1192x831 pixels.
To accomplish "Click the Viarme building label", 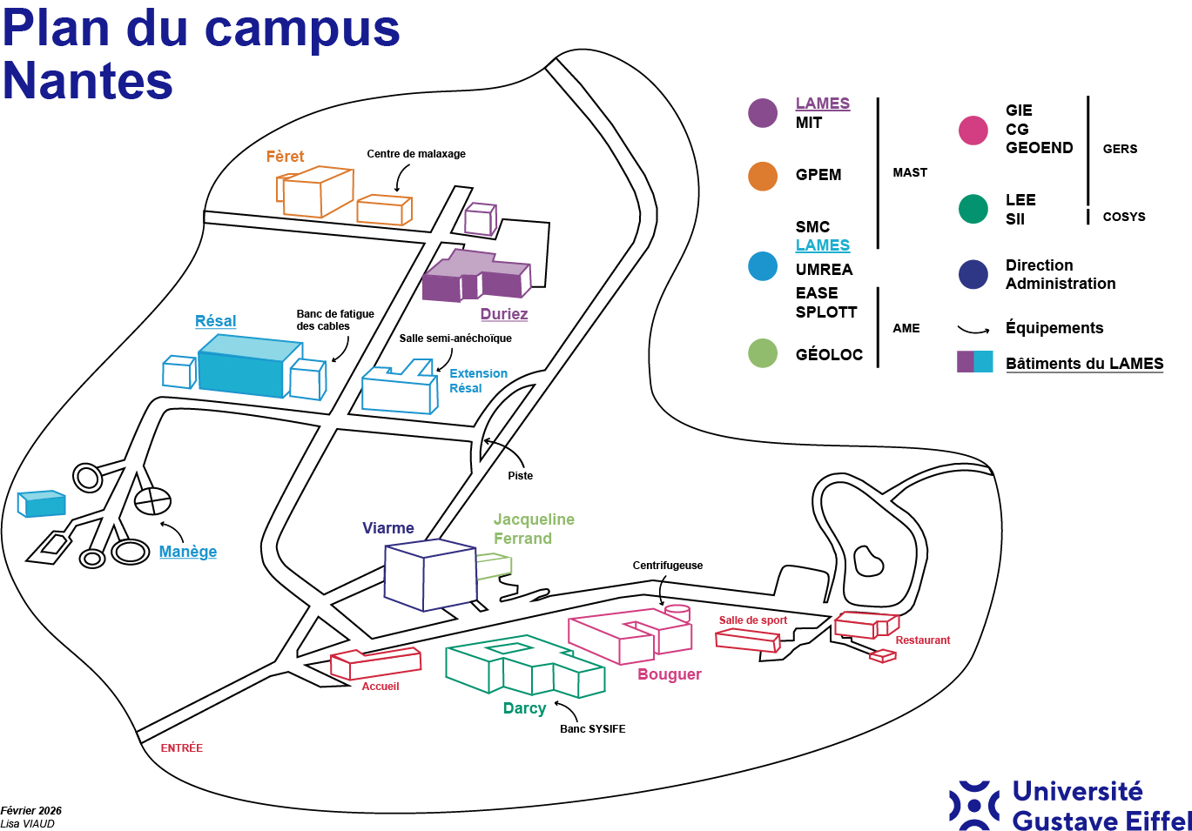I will (387, 528).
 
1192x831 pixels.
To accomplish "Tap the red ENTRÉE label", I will (181, 748).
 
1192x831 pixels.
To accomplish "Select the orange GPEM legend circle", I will (763, 176).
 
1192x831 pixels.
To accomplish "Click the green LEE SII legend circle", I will (973, 209).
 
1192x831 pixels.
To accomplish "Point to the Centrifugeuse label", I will (667, 566).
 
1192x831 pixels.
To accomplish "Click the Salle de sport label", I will (752, 620).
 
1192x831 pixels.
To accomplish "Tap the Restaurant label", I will (922, 640).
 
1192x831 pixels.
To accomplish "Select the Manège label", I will (187, 552).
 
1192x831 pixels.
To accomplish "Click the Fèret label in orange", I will (285, 157).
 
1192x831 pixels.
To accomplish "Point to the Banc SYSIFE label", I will (592, 729).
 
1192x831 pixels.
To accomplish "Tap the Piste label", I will (520, 476).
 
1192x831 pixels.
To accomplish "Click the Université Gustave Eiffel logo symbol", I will (974, 805).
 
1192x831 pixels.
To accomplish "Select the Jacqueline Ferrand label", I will (533, 529).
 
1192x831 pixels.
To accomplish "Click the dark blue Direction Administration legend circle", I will (973, 275).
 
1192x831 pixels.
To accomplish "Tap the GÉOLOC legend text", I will (829, 355).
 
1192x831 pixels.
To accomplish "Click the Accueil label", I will (380, 687).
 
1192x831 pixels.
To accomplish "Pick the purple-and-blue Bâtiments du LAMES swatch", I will (974, 362).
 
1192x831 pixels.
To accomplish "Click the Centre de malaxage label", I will (415, 154).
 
